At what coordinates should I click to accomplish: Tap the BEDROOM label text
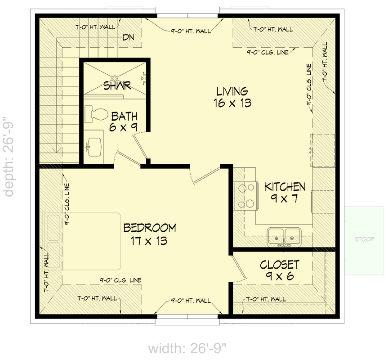pos(150,228)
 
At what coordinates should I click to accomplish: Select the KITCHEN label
pos(285,187)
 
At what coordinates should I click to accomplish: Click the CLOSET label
pos(279,264)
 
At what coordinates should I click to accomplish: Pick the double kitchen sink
pos(284,236)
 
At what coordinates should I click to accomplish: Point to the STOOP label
pos(364,239)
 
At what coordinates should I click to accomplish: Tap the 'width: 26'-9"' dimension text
pos(187,348)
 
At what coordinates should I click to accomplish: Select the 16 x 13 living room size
pos(232,103)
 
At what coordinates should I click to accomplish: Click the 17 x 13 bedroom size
pos(150,241)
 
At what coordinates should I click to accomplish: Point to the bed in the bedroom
pos(83,243)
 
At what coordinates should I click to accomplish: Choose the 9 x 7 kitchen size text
pos(285,198)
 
